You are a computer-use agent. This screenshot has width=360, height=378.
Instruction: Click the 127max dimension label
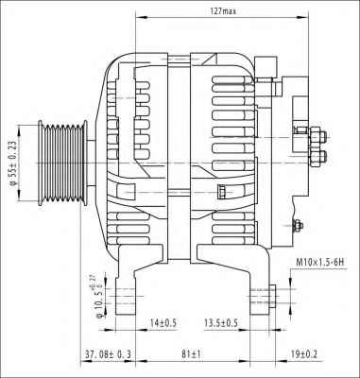click(223, 10)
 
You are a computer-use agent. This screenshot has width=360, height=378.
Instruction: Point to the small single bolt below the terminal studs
click(299, 224)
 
